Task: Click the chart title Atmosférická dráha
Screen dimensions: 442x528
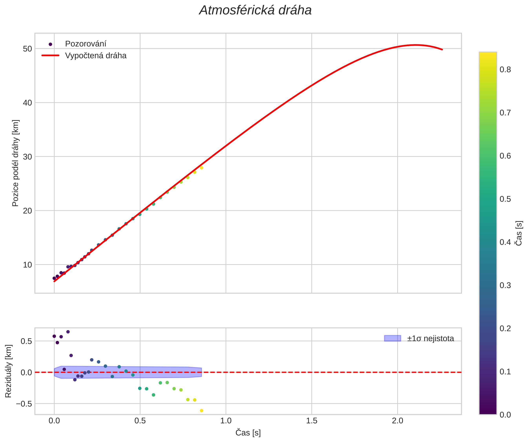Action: point(255,11)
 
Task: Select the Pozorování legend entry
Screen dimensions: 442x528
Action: point(86,44)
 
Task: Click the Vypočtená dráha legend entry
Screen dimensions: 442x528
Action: point(96,56)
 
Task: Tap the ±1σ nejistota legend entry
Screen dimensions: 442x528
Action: point(431,339)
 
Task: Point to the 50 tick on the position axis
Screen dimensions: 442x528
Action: point(27,49)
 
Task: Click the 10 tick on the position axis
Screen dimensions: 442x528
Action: point(27,265)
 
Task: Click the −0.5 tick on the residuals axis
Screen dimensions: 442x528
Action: point(24,404)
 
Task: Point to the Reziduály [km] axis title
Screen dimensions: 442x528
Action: point(8,371)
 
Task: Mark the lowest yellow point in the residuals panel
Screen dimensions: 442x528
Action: point(201,411)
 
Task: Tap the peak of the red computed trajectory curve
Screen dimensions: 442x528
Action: point(416,45)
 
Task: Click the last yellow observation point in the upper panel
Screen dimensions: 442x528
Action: point(201,168)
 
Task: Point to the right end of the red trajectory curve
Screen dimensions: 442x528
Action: point(442,49)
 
